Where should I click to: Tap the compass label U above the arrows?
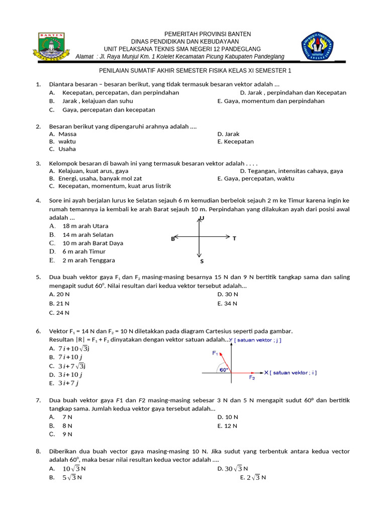tap(202, 218)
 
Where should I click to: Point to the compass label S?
tap(202, 261)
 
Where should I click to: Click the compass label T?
tap(234, 238)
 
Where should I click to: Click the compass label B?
tap(172, 239)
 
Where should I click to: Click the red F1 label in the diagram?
tap(215, 353)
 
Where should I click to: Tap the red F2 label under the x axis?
tap(252, 377)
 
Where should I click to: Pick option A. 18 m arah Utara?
tap(79, 226)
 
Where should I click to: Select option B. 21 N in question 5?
tap(59, 303)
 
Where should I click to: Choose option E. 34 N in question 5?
tap(227, 303)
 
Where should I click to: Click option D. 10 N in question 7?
tap(228, 417)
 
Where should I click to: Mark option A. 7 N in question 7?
tap(61, 417)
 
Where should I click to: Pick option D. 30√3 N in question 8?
tap(230, 469)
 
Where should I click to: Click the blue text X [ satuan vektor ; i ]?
tap(291, 373)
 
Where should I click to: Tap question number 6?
tap(38, 331)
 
